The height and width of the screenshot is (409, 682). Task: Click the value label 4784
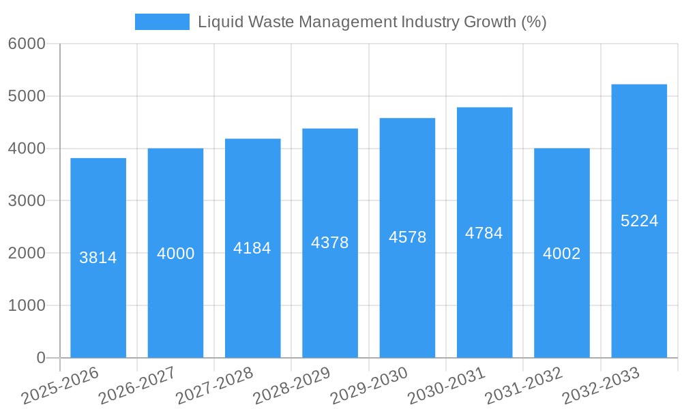[x=484, y=233]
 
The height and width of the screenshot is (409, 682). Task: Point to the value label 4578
[x=408, y=237]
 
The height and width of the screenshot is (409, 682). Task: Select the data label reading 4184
[x=252, y=248]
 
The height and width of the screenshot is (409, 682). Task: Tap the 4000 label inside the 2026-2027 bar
[x=176, y=254]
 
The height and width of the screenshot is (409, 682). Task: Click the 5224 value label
[x=639, y=221]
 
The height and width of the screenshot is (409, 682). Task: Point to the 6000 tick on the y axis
[x=27, y=44]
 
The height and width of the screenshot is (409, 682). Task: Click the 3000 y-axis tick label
[x=27, y=201]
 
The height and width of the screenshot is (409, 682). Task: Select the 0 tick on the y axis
[x=41, y=358]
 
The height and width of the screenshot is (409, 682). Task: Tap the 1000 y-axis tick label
[x=27, y=305]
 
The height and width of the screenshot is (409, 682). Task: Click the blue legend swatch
[x=162, y=22]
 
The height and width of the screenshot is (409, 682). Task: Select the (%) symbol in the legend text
[x=534, y=22]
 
